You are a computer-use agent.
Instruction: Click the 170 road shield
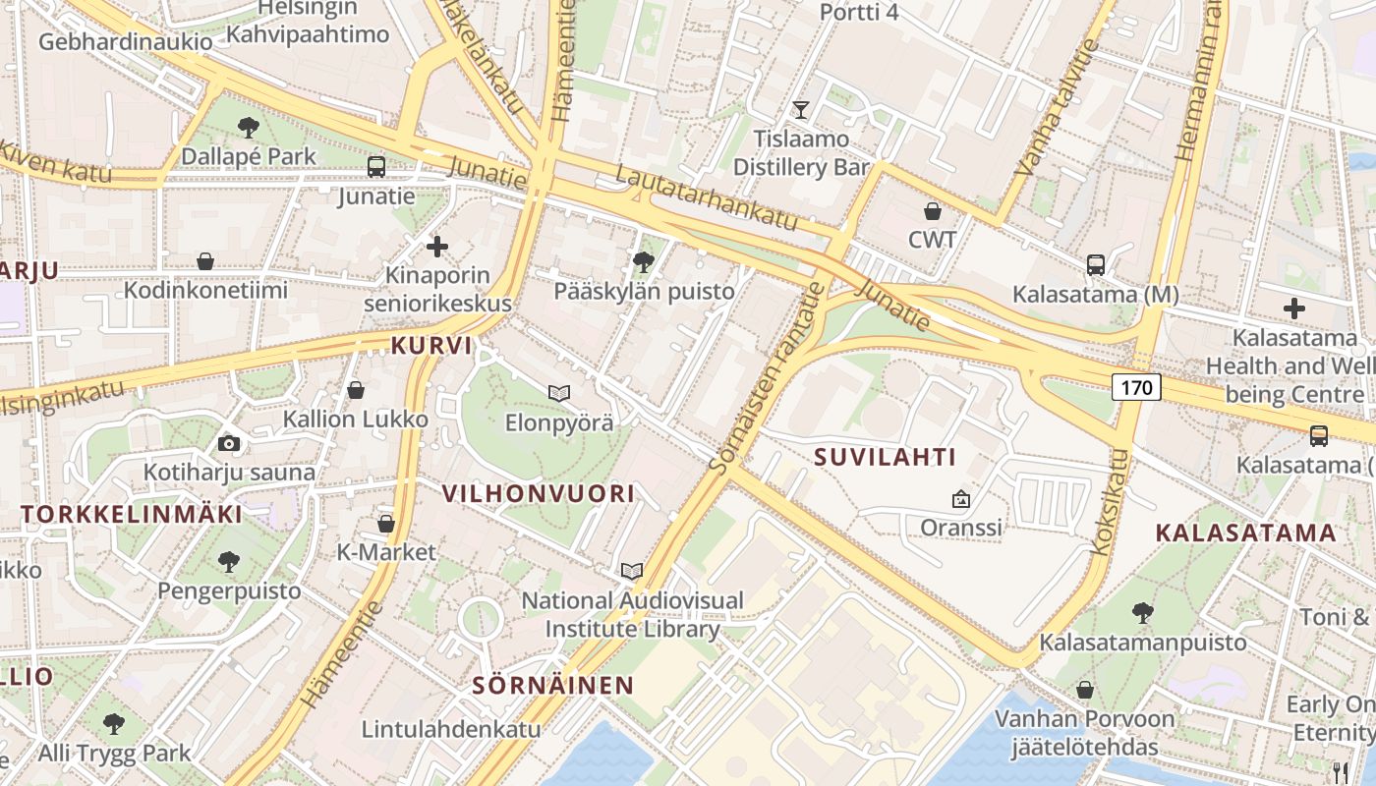[1136, 387]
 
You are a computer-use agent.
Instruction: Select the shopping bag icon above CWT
[932, 210]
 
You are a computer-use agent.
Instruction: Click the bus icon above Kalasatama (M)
[1096, 265]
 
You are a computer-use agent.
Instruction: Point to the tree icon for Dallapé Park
[248, 127]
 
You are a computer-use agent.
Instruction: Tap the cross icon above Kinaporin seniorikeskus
[437, 246]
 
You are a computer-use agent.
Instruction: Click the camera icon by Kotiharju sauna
[229, 443]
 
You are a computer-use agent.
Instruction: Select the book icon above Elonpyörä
[559, 394]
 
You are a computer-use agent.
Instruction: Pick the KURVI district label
[431, 346]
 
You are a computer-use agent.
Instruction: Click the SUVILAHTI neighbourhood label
[885, 457]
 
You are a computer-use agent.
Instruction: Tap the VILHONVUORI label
[540, 493]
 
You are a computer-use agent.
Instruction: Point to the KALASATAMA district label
[1245, 533]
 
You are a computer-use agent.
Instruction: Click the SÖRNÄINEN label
[552, 686]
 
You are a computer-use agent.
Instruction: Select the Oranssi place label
[960, 528]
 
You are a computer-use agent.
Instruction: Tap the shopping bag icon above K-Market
[386, 524]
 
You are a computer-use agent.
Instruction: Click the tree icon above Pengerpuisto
[229, 562]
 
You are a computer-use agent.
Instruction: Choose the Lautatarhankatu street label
[706, 196]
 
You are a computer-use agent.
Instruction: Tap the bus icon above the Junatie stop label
[376, 167]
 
